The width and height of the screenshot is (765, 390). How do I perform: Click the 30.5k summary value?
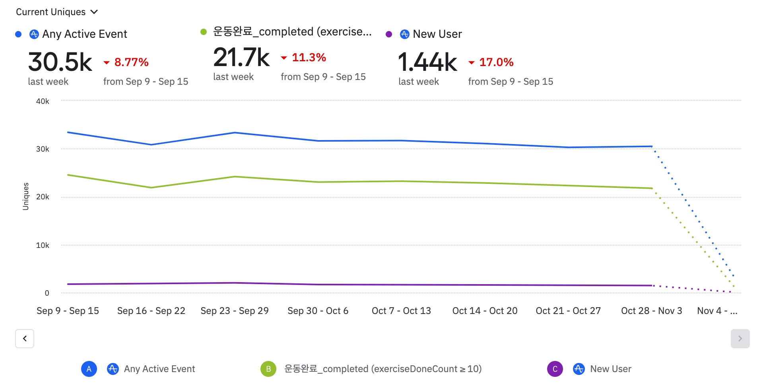pos(60,62)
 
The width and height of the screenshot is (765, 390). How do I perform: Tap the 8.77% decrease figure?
pos(131,62)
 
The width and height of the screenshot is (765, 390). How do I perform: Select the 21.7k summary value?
pos(241,57)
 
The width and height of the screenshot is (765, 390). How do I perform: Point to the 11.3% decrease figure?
pos(309,57)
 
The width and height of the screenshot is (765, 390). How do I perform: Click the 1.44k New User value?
pos(427,62)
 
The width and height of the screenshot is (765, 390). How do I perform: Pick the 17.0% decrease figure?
pos(496,62)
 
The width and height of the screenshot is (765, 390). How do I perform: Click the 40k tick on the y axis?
pos(43,101)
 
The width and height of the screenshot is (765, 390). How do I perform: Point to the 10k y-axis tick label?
pos(43,245)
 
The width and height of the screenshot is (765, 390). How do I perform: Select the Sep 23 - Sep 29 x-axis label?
pos(235,311)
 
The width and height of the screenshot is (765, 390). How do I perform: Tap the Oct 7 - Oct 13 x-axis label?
pos(401,311)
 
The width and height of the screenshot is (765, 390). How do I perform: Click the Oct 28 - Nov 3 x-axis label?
pos(651,311)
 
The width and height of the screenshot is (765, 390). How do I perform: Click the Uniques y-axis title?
pos(26,196)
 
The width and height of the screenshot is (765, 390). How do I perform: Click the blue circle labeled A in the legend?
pos(89,369)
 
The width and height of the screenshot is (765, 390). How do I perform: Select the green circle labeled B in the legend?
pos(268,369)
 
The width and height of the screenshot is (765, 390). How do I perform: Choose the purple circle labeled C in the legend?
pos(555,369)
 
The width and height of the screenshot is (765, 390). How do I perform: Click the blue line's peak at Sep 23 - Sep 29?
pos(235,133)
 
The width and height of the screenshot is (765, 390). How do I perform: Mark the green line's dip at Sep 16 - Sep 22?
pos(151,187)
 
